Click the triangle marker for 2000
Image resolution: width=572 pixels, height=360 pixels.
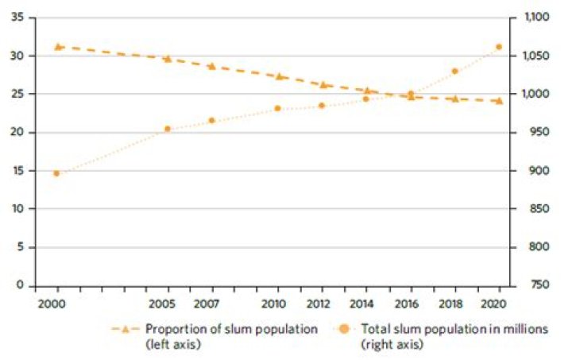[x=58, y=47]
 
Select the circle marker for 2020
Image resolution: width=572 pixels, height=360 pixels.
[x=499, y=47]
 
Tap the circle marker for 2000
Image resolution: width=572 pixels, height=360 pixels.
[x=56, y=173]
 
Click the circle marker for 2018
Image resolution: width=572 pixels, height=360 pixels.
[x=455, y=72]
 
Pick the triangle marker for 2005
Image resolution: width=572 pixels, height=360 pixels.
[x=168, y=58]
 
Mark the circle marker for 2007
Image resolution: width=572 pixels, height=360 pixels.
[x=211, y=121]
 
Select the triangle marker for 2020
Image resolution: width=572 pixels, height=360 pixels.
[x=499, y=101]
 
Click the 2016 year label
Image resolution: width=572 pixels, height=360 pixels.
[x=411, y=304]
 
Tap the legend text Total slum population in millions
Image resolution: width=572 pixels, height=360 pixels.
[x=454, y=330]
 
